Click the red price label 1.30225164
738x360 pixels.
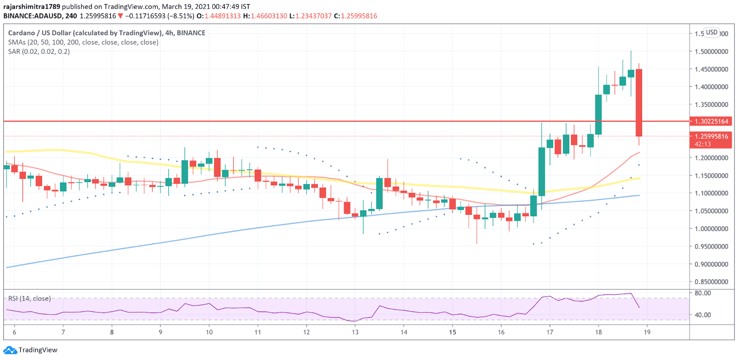click(x=711, y=121)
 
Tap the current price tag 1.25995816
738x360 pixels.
click(x=711, y=136)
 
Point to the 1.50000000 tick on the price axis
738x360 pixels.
click(x=711, y=52)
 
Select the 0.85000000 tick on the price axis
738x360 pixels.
click(x=711, y=282)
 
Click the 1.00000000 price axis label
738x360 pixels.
click(x=711, y=229)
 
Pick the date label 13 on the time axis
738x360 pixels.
click(x=355, y=332)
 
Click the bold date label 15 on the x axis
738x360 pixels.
click(x=452, y=332)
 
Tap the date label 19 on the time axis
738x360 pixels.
click(x=647, y=332)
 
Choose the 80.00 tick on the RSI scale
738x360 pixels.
click(x=702, y=293)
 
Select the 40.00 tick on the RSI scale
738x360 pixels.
click(x=702, y=315)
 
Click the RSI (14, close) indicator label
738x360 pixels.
click(x=30, y=299)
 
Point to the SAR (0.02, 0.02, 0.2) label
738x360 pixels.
click(x=39, y=52)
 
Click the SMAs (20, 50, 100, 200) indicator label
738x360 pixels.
click(x=83, y=42)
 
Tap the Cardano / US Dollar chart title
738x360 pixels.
click(x=107, y=33)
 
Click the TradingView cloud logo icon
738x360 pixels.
click(x=10, y=350)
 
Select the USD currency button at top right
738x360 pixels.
click(x=712, y=32)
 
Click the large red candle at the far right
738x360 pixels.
click(x=639, y=102)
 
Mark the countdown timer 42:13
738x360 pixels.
click(x=702, y=144)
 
